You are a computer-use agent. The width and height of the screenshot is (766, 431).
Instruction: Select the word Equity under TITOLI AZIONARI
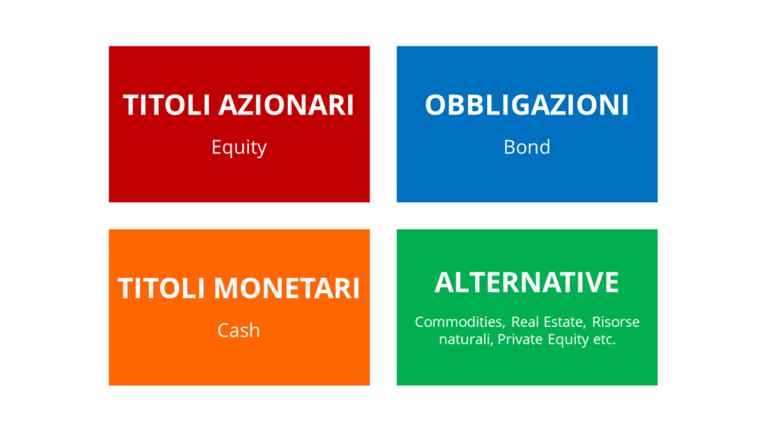pos(239,147)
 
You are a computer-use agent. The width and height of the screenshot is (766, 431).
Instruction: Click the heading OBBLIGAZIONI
pos(527,106)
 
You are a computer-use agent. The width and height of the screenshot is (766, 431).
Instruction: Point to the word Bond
pos(527,147)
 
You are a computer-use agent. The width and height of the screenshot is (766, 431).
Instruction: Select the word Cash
pos(239,330)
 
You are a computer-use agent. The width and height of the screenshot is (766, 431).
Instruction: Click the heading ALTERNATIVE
pos(527,283)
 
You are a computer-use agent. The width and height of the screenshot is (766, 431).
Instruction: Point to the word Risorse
pos(616,323)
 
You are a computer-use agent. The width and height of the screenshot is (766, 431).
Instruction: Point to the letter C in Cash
pos(223,330)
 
